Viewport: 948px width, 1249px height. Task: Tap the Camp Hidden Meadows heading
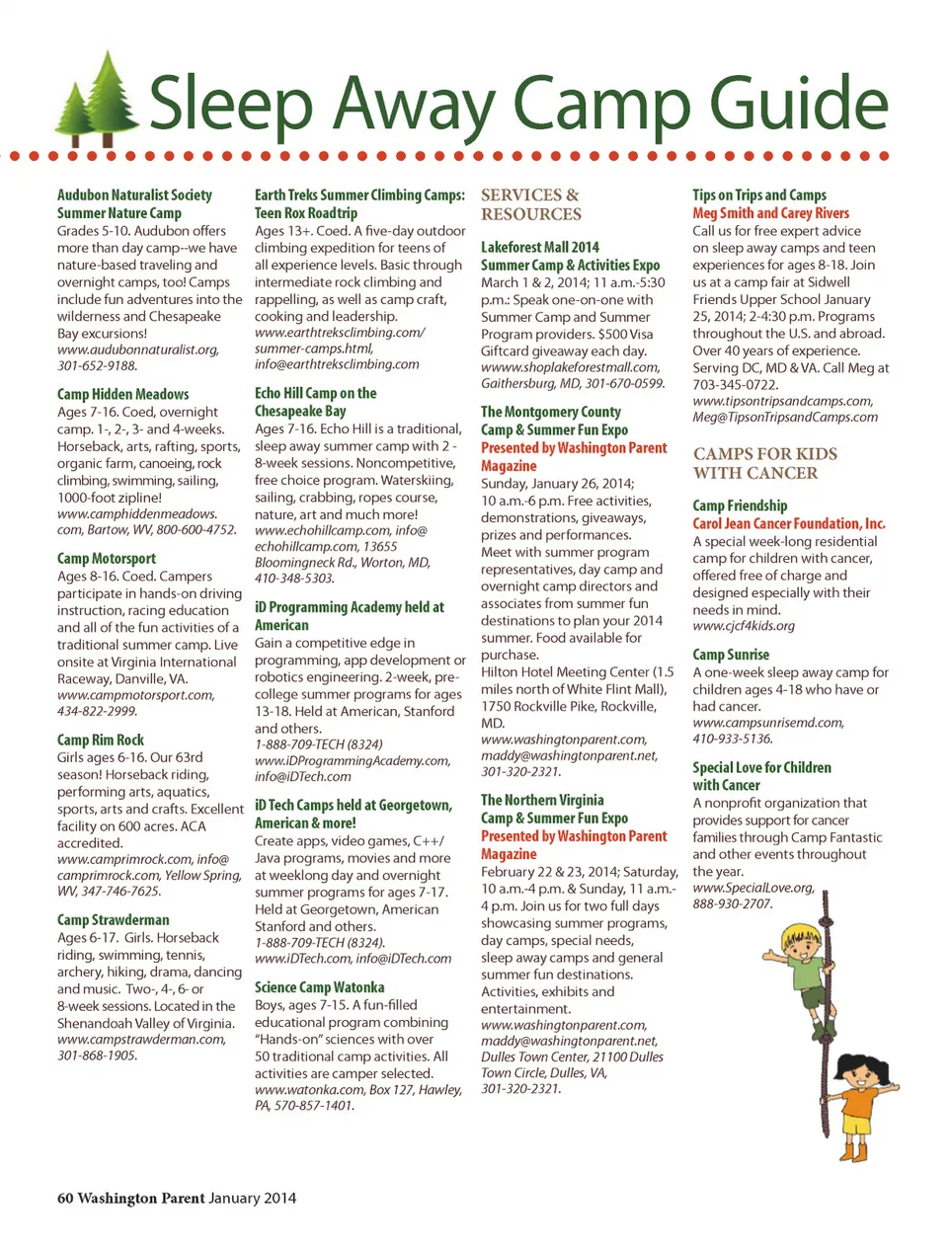tap(122, 394)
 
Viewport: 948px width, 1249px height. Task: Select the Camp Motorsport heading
tap(107, 559)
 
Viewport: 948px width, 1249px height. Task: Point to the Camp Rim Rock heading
tap(101, 740)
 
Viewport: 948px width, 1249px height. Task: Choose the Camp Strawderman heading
tap(113, 920)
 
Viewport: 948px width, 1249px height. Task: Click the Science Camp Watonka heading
tap(319, 987)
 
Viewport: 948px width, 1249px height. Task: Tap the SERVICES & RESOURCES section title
tap(531, 204)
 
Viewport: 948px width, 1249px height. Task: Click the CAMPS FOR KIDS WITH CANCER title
tap(764, 463)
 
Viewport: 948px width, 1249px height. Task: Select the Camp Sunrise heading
tap(731, 655)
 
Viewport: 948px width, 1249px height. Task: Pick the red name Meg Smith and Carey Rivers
tap(770, 213)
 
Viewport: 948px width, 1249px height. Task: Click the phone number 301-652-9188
tap(97, 365)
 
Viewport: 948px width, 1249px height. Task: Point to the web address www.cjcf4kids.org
tap(743, 626)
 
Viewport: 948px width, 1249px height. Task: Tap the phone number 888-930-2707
tap(732, 903)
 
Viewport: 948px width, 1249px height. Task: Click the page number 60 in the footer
tap(65, 1198)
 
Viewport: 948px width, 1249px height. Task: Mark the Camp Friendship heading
tap(740, 506)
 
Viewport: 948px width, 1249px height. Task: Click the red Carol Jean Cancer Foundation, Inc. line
tap(788, 523)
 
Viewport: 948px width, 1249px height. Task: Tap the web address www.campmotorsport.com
tap(135, 695)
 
